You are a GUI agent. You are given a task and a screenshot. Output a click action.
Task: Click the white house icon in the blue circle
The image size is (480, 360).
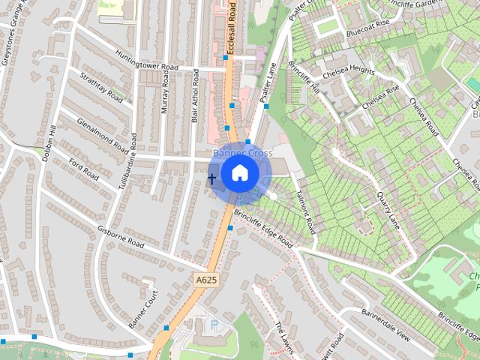pos(239,172)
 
